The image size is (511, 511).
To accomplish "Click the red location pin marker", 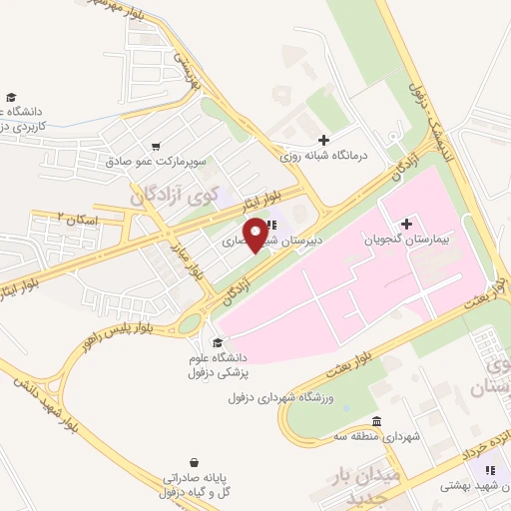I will pyautogui.click(x=258, y=234).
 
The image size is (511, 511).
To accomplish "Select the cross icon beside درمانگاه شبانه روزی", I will pyautogui.click(x=321, y=141).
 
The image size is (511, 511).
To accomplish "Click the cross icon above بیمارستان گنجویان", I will pyautogui.click(x=406, y=223).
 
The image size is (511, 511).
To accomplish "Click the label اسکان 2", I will pyautogui.click(x=74, y=216).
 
